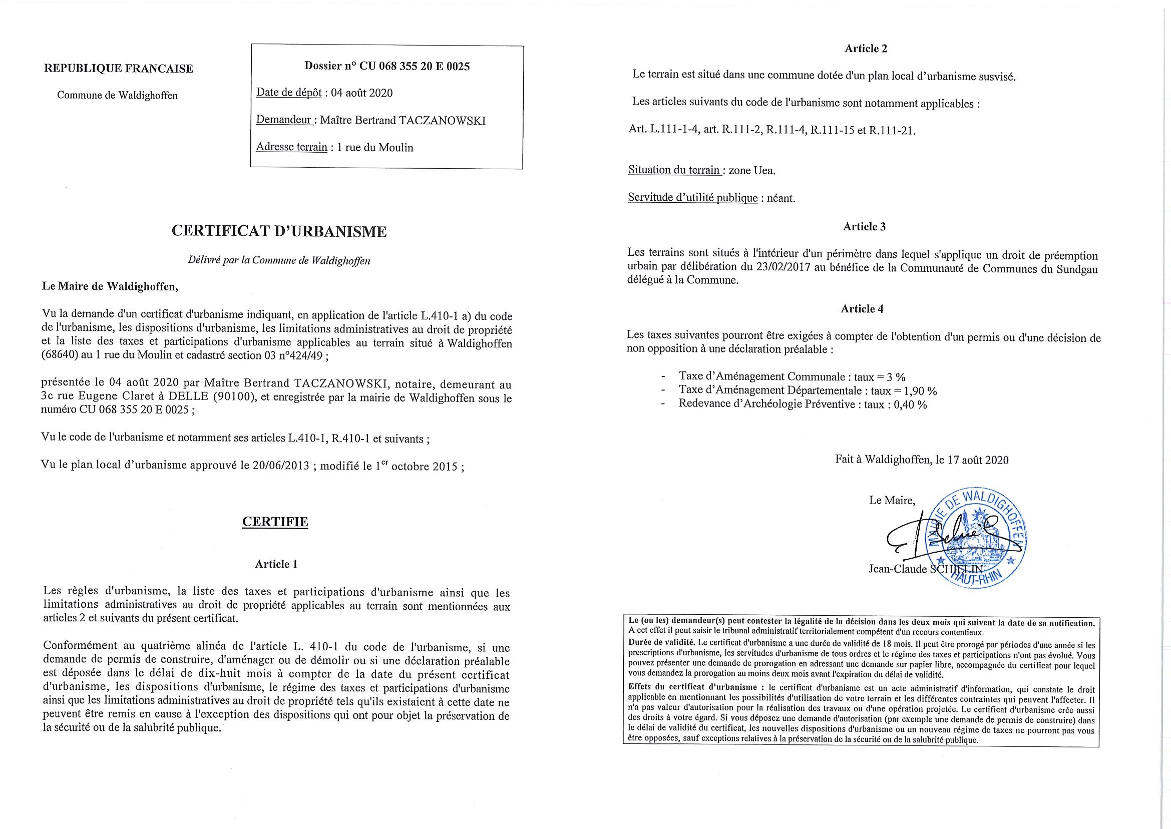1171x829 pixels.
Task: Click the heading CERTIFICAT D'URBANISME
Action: tap(279, 232)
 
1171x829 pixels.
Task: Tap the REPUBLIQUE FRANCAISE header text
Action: tap(119, 69)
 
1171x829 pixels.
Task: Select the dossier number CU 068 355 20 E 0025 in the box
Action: tap(415, 66)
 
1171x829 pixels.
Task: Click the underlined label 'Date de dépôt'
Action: tap(288, 93)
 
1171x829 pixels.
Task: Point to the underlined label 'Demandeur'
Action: tap(284, 121)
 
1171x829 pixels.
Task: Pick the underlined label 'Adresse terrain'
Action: tap(291, 148)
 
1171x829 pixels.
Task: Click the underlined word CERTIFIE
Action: tap(275, 522)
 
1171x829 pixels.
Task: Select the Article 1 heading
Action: tap(276, 564)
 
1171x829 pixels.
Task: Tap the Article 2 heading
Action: tap(866, 49)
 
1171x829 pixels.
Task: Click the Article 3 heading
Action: tap(864, 227)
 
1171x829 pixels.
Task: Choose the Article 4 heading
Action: tap(862, 309)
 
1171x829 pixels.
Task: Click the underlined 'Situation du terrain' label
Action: tap(674, 171)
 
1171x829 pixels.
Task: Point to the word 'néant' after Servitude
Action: tap(781, 198)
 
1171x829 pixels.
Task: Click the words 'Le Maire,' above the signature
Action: tap(892, 500)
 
